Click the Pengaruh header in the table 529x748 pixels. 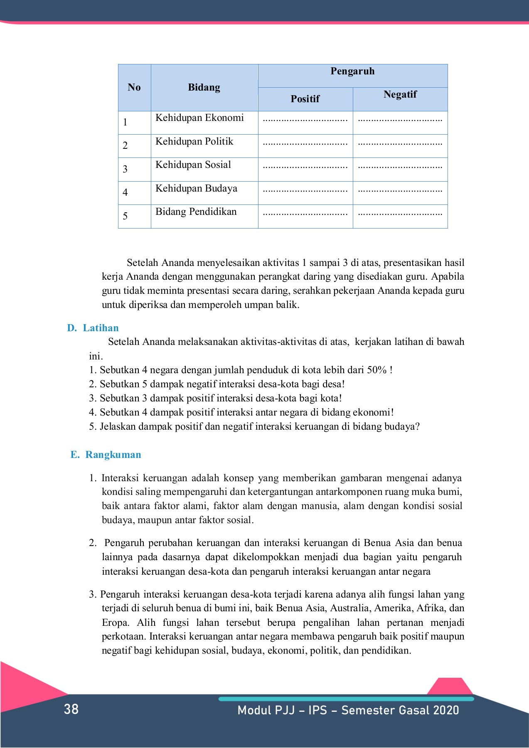pos(352,71)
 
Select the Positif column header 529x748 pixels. pos(305,99)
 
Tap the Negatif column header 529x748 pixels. pos(400,95)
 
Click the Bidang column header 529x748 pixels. pos(204,88)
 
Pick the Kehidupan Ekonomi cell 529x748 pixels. pos(199,118)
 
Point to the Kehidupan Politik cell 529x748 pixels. pos(194,142)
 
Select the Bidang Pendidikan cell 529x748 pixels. pos(196,212)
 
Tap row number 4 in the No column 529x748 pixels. pos(125,192)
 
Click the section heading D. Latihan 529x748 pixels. pos(93,328)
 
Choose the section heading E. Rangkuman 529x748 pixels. pos(106,455)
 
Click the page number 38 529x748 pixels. pos(71,709)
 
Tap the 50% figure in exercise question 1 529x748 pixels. pos(376,370)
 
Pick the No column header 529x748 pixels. pos(134,88)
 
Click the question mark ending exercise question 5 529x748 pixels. pos(417,426)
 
